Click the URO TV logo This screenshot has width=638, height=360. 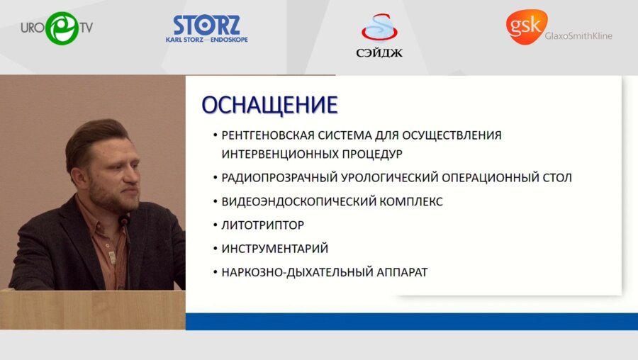click(x=57, y=28)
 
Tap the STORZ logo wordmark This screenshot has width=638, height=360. click(x=206, y=26)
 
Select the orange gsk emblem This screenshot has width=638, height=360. click(x=525, y=26)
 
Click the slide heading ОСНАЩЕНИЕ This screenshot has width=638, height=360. click(x=269, y=105)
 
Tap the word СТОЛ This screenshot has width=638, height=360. click(x=555, y=178)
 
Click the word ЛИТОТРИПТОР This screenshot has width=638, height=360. click(x=262, y=225)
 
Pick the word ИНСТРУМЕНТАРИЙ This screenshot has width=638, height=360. click(x=274, y=249)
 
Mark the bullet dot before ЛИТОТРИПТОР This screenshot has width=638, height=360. click(x=215, y=225)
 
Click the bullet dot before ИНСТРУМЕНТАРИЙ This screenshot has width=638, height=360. click(x=215, y=249)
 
